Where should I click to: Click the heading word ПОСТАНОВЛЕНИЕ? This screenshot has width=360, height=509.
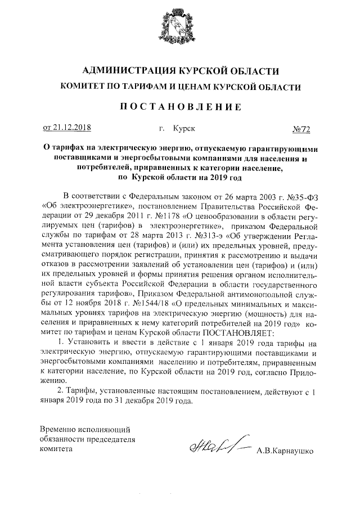(180, 106)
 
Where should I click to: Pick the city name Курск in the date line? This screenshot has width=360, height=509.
(185, 129)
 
